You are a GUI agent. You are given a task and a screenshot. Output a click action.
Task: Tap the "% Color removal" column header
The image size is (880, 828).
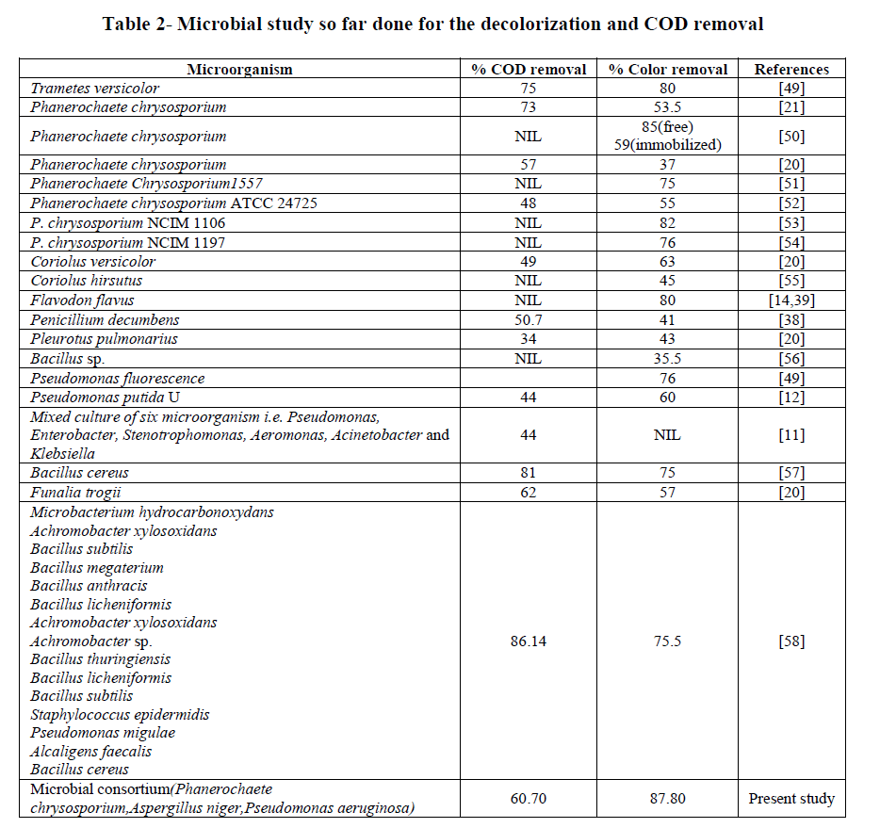coord(668,69)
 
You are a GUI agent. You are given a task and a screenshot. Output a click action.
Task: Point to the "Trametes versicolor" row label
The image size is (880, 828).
coord(95,89)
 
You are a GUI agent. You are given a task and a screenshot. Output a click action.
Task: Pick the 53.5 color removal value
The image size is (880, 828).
coord(668,107)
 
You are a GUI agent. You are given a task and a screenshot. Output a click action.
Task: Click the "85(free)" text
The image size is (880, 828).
coord(668,126)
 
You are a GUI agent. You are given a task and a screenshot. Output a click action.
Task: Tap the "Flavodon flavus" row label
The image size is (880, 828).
coord(82,300)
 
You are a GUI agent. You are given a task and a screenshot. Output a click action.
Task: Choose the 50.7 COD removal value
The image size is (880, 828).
coord(529,319)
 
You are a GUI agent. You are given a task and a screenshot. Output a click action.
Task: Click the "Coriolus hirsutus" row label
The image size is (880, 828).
coord(87,281)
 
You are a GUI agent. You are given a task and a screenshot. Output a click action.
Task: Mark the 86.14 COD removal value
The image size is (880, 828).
coord(529,641)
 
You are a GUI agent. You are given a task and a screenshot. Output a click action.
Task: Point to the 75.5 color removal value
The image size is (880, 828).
coord(668,641)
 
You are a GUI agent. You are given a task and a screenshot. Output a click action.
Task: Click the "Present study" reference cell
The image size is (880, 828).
coord(791,799)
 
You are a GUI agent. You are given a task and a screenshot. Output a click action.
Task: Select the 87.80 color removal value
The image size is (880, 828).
coord(668,799)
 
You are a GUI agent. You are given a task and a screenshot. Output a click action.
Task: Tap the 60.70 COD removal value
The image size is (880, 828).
coord(529,799)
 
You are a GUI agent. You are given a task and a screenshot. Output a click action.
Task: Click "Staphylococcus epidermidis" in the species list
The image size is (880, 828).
coord(120,714)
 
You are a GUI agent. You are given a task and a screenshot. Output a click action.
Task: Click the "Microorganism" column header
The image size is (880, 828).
coord(239,69)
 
